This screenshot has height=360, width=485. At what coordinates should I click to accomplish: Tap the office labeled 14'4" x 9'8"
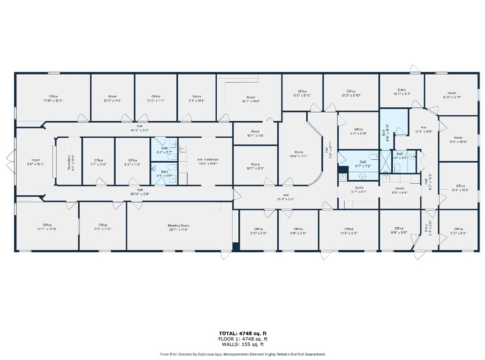coord(348,230)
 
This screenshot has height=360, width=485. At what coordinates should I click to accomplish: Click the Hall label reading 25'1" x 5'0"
coord(285,197)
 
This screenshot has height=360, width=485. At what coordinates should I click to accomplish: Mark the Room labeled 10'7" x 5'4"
coord(255,133)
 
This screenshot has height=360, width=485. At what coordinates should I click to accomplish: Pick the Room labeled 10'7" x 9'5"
coord(255,167)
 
